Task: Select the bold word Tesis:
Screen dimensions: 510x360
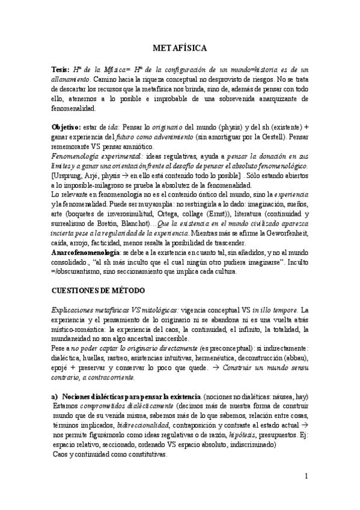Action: (62, 70)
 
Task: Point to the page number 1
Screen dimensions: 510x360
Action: (307, 477)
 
